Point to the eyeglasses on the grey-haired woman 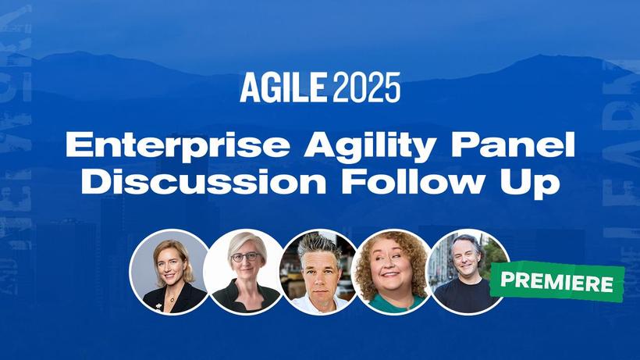tap(245, 258)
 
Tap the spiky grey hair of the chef tap(318, 244)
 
